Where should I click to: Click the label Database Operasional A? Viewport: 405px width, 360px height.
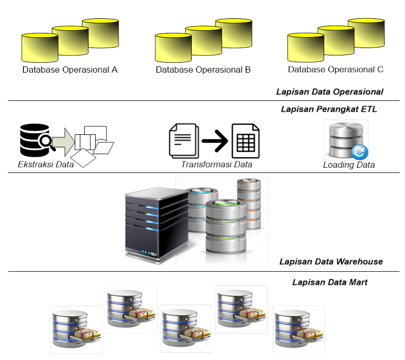pos(70,69)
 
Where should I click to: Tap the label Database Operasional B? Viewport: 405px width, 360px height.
pos(203,69)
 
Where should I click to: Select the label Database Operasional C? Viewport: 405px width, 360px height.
pos(336,69)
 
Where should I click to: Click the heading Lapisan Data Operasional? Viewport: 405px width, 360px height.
pos(329,92)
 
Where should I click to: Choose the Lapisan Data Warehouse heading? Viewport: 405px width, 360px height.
pos(331,261)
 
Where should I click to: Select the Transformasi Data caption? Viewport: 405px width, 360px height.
pos(216,164)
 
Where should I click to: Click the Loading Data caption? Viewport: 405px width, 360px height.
pos(349,165)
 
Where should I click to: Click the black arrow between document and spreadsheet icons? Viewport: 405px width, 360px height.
pos(214,140)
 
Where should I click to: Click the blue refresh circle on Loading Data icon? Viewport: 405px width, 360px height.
pos(360,152)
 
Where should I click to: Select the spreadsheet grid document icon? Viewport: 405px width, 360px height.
pos(246,140)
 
